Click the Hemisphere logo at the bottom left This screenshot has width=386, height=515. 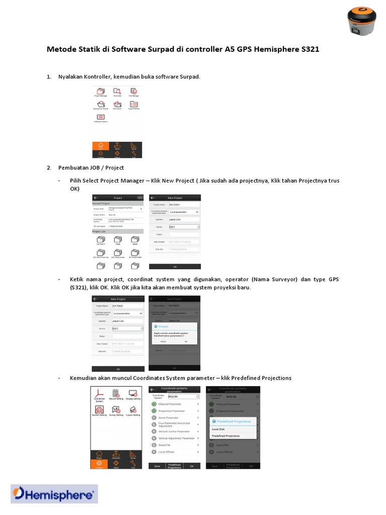(x=54, y=494)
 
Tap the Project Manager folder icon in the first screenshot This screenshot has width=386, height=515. (x=100, y=92)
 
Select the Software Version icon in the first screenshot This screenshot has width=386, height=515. (x=100, y=118)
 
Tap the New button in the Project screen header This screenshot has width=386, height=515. (x=140, y=198)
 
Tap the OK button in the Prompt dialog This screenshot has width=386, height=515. (x=186, y=341)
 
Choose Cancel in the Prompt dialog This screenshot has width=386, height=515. (x=163, y=341)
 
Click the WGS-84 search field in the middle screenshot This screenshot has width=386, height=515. (x=179, y=396)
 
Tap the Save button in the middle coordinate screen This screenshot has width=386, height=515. (x=157, y=466)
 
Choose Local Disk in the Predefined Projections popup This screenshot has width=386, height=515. (x=219, y=429)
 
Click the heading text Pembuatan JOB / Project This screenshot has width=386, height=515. (x=91, y=167)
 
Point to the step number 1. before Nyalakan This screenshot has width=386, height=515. (x=49, y=76)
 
